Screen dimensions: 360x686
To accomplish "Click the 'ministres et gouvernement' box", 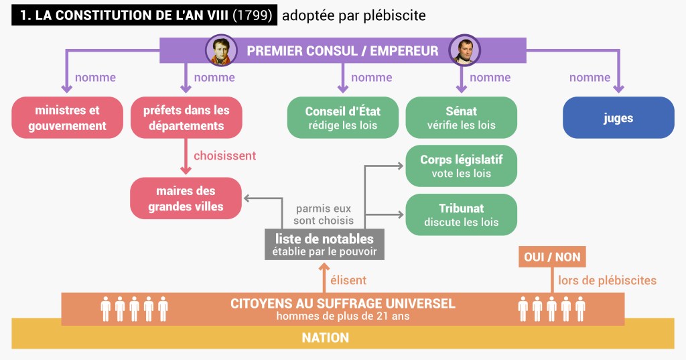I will coord(68,117).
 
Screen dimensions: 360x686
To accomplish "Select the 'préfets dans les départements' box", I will coord(186,117).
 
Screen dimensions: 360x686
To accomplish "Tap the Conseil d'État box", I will coord(343,117).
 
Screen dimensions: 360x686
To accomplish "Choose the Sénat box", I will coord(462,117).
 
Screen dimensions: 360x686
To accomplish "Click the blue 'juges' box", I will coord(618,118).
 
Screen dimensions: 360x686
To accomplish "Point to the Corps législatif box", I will coord(462,166).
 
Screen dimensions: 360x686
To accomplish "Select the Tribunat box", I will coord(462,215).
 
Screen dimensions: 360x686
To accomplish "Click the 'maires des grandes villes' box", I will coord(186,198).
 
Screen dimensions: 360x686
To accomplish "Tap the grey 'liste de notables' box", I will coord(324,245).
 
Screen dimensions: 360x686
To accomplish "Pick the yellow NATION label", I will coord(325,337).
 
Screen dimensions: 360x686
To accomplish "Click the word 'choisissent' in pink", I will coord(225,156).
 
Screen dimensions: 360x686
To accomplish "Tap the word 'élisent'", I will coord(348,280).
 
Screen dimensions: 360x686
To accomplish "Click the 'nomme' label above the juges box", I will coord(590,78).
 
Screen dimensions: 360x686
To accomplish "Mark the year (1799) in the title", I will coord(253,15).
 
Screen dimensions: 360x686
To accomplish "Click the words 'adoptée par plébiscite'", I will coord(354,15).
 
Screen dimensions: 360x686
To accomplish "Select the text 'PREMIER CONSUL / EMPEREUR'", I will coord(342,51).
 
